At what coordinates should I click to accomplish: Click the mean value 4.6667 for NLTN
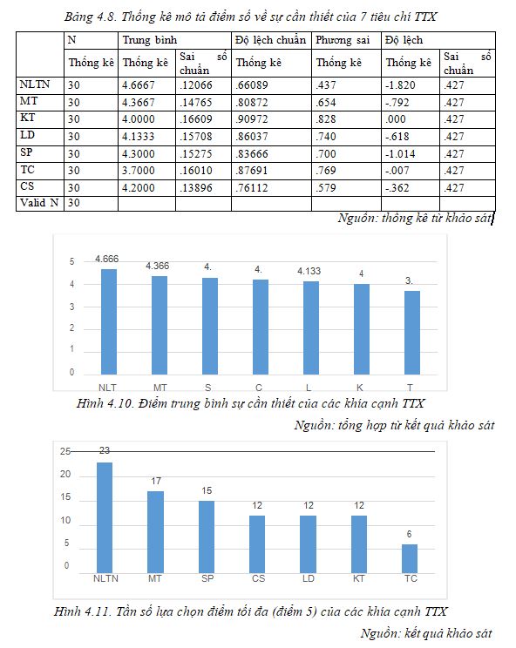[x=138, y=85]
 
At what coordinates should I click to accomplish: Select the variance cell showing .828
[x=326, y=119]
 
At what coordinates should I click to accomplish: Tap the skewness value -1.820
[x=400, y=85]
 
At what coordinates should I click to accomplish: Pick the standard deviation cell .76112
[x=252, y=188]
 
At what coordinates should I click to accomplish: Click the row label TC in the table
[x=27, y=170]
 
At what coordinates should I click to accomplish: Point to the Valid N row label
[x=39, y=203]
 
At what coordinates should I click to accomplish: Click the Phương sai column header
[x=343, y=40]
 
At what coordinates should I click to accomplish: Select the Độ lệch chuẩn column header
[x=270, y=40]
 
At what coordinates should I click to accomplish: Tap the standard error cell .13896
[x=195, y=188]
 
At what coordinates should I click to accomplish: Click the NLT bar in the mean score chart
[x=109, y=322]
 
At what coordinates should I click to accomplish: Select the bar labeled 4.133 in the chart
[x=311, y=328]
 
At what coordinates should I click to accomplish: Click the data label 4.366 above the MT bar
[x=157, y=266]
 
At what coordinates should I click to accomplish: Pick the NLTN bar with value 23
[x=105, y=518]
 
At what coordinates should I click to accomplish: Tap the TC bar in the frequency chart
[x=410, y=559]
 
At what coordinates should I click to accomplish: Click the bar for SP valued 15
[x=207, y=537]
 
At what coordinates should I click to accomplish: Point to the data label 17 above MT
[x=156, y=481]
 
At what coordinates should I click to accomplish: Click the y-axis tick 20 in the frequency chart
[x=65, y=474]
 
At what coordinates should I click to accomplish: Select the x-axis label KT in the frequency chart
[x=358, y=578]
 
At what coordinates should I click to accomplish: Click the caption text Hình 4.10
[x=104, y=403]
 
